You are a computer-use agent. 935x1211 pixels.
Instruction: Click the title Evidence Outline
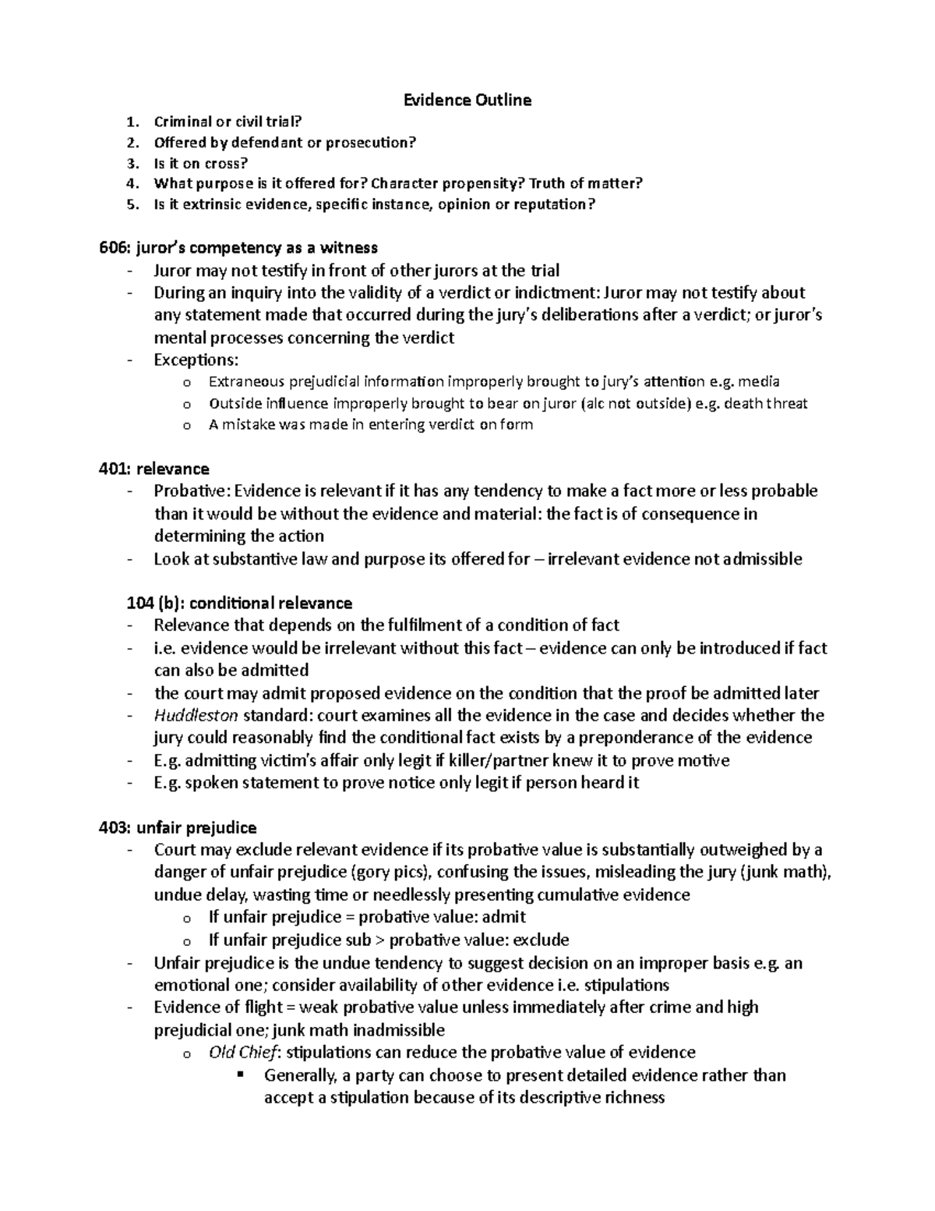[x=467, y=100]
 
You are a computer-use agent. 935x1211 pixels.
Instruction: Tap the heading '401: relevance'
[x=153, y=469]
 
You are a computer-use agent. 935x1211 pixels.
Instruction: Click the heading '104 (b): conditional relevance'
[x=239, y=603]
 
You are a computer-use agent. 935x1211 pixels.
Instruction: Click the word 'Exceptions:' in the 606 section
[x=196, y=359]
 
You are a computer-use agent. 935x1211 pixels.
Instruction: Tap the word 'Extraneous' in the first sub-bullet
[x=247, y=381]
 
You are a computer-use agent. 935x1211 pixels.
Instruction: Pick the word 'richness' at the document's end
[x=633, y=1098]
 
